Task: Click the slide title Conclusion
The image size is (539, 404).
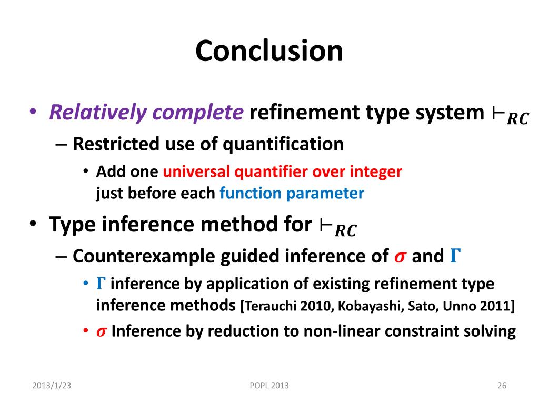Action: point(269,51)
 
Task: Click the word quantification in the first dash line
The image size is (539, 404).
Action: point(283,144)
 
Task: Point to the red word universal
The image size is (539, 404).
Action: point(196,171)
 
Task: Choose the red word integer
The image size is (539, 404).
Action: point(376,172)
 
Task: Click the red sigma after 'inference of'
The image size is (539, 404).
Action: point(400,257)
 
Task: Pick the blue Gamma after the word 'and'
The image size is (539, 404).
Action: point(455,256)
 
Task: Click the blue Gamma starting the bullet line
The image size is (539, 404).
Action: point(101,284)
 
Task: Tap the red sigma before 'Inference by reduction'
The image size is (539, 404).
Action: point(102,331)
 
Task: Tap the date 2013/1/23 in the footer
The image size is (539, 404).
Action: point(52,386)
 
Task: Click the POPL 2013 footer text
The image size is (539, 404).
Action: point(269,386)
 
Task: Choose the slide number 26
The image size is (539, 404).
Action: point(502,386)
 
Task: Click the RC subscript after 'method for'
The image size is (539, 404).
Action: point(346,230)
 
